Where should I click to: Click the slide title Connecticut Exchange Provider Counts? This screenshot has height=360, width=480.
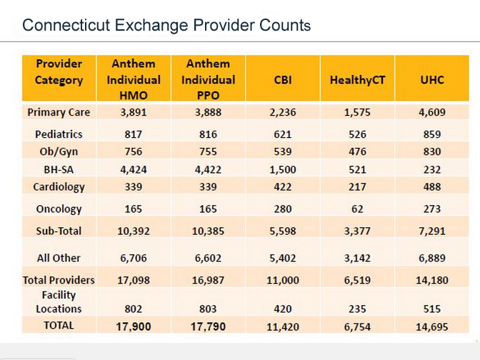166,26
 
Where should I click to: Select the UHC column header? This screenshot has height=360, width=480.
431,79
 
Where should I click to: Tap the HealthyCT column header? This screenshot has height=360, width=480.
357,79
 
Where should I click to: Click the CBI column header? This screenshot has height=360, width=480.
283,79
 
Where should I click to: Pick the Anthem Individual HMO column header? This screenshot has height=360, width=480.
134,79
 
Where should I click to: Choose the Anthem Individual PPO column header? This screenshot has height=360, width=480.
208,79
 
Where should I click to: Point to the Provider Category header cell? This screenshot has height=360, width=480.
59,72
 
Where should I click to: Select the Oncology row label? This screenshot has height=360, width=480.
59,209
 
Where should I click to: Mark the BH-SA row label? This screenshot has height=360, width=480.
59,169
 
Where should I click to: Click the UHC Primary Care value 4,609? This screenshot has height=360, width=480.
431,112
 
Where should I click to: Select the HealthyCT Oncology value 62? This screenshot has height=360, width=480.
357,209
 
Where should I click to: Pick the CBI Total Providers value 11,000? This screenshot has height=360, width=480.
283,281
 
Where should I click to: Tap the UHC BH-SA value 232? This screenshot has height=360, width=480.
431,169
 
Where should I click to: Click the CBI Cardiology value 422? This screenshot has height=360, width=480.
283,186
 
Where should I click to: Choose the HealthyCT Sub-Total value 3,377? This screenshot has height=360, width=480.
357,231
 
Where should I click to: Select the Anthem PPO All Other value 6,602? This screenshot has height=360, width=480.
208,258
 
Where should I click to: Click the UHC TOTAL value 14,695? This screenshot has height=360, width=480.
431,326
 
